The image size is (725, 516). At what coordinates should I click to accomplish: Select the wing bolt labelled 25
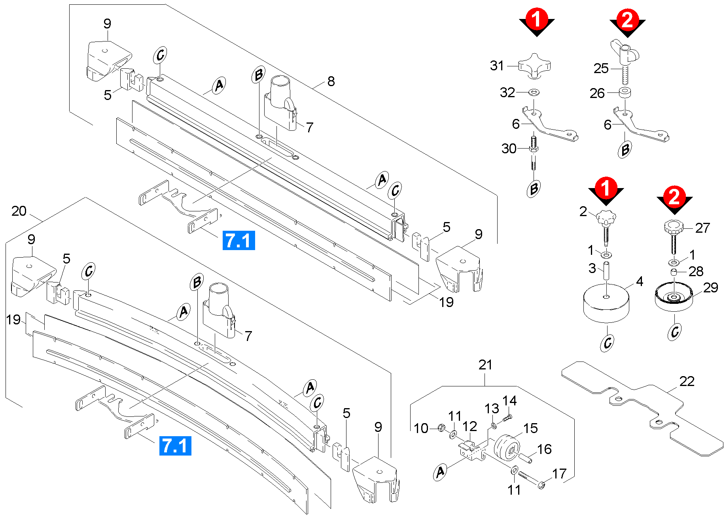pyautogui.click(x=625, y=59)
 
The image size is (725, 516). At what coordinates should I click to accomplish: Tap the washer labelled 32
pyautogui.click(x=534, y=92)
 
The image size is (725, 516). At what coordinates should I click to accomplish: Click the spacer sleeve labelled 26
pyautogui.click(x=625, y=93)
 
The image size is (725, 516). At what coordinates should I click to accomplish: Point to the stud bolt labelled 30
pyautogui.click(x=534, y=152)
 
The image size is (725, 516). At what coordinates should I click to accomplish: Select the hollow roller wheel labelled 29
pyautogui.click(x=674, y=298)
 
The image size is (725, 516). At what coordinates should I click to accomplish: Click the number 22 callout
pyautogui.click(x=687, y=381)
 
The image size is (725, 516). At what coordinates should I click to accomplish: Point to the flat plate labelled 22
pyautogui.click(x=641, y=407)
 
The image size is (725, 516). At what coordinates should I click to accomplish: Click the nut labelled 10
pyautogui.click(x=441, y=427)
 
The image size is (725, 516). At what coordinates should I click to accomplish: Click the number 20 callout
pyautogui.click(x=19, y=211)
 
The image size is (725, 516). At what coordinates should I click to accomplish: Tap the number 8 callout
pyautogui.click(x=331, y=81)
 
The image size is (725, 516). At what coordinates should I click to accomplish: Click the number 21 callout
pyautogui.click(x=485, y=365)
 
